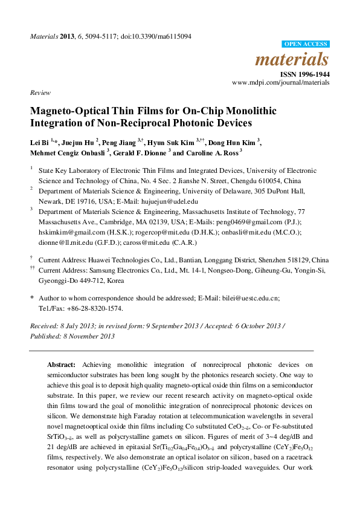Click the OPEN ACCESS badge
[x=306, y=45]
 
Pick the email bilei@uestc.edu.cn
[x=248, y=299]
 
